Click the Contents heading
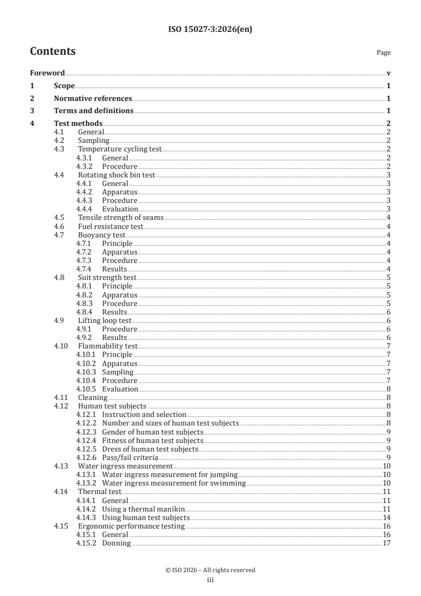click(53, 52)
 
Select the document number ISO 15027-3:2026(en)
click(210, 30)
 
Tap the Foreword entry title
click(47, 73)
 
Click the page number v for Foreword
click(389, 73)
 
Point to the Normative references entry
click(93, 98)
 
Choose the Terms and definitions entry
click(93, 111)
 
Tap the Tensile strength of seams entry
click(121, 217)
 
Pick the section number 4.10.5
click(85, 389)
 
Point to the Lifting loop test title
click(104, 320)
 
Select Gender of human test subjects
click(152, 431)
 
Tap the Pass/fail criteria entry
click(130, 457)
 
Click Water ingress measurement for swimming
click(174, 483)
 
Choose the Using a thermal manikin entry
click(143, 508)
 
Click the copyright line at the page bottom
click(210, 570)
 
